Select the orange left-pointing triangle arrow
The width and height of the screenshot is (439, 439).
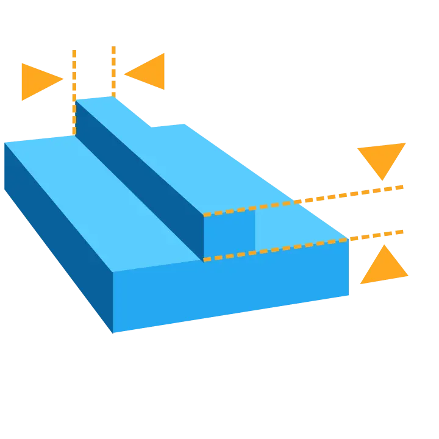click(149, 72)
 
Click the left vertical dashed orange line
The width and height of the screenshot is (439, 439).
click(74, 91)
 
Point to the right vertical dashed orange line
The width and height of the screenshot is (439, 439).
click(112, 70)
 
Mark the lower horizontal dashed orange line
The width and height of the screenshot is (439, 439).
click(305, 246)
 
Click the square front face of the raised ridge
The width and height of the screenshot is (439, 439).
click(229, 235)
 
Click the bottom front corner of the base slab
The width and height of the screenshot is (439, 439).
click(114, 334)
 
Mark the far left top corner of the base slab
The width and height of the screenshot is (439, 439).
click(5, 143)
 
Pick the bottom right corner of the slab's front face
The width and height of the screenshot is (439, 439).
click(350, 296)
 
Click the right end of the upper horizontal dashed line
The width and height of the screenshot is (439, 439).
click(402, 187)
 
